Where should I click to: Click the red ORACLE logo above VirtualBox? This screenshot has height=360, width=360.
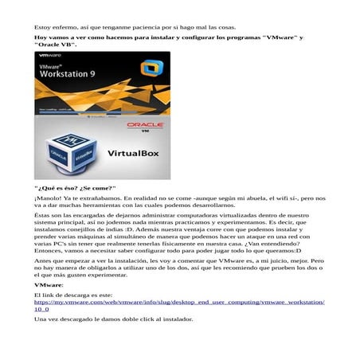145,127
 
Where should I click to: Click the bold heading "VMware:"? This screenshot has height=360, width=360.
49,284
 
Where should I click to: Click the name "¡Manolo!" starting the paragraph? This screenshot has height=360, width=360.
50,198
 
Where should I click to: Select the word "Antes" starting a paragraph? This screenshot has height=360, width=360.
43,260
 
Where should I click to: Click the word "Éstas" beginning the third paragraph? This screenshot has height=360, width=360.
43,216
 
